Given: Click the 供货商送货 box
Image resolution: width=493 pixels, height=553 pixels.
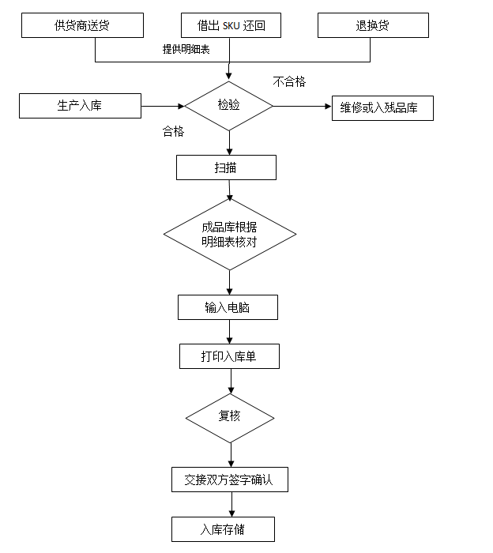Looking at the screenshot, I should coord(82,25).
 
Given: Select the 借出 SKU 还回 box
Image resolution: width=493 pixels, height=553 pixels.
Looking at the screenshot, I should coord(231,25).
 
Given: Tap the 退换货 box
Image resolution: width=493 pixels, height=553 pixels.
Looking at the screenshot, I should coord(372,25).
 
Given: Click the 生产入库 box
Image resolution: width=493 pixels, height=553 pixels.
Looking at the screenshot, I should coord(80,105).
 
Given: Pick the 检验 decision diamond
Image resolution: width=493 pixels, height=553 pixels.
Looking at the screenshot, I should coord(229,105).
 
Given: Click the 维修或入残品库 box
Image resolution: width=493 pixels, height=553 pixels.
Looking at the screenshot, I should coord(382,107).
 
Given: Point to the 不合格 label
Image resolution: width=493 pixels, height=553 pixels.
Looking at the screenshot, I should coord(289,81).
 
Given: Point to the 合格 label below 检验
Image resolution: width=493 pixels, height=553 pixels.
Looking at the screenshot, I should coord(173,132).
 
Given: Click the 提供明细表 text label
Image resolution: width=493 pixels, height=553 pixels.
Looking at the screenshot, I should coord(186,49).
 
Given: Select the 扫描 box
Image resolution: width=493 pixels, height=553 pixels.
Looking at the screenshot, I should coord(226,167).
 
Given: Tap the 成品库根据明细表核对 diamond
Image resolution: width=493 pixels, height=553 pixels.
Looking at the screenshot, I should coord(229,235).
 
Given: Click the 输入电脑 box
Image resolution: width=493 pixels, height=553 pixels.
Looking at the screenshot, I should coord(228,307).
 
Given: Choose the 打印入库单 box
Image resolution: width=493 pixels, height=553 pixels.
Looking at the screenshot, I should coord(229,356).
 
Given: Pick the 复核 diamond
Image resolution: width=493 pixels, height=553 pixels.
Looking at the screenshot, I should coord(230,416).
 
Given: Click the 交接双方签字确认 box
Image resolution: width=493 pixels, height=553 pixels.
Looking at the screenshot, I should coord(229,480).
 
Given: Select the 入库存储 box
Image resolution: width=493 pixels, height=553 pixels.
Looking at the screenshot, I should coord(223,529).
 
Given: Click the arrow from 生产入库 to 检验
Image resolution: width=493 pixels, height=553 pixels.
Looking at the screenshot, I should coord(163,105).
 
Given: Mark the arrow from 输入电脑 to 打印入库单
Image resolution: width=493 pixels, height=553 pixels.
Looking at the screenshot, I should coord(229,332).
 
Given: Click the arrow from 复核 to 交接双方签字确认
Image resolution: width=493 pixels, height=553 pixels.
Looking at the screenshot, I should coord(231,455).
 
